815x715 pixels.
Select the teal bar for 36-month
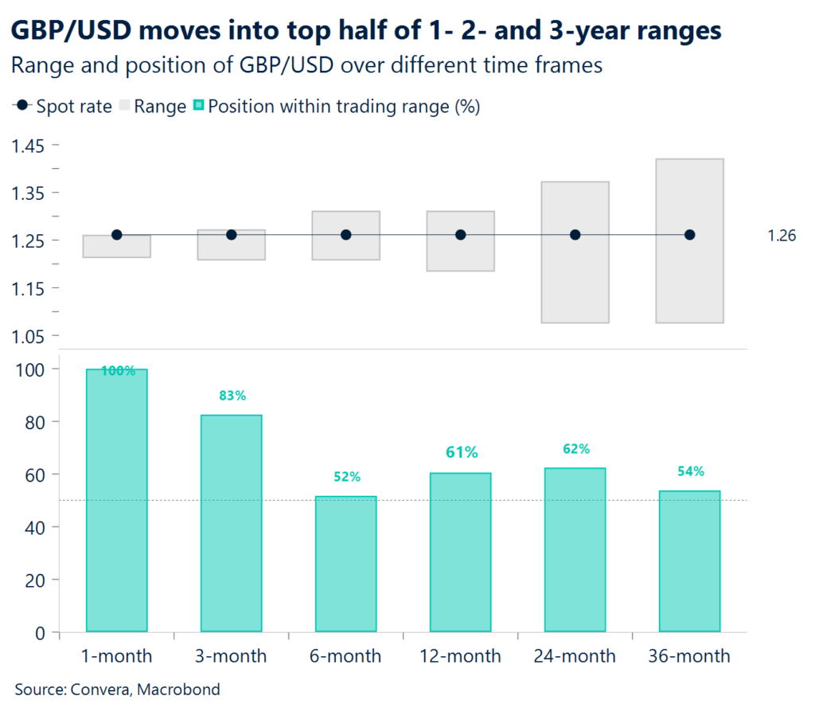[689, 561]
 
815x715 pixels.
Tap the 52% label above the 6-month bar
[347, 477]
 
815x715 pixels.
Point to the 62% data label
[575, 449]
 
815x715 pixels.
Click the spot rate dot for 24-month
[575, 235]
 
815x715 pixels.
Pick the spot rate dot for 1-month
[117, 235]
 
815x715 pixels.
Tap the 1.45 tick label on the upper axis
[28, 146]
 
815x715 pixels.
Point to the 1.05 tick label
[28, 335]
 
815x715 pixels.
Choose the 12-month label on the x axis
[460, 656]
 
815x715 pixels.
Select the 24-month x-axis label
[575, 656]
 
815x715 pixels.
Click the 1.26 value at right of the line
[782, 236]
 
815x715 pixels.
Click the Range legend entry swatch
[124, 107]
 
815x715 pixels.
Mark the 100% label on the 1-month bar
[117, 371]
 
